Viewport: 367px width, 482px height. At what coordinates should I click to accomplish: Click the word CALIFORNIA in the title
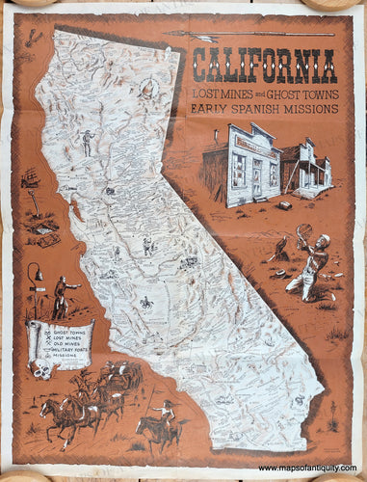coord(264,65)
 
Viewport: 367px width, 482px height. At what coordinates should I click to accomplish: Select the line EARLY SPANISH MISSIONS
coord(264,109)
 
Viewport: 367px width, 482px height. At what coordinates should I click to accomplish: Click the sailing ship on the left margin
coord(30,180)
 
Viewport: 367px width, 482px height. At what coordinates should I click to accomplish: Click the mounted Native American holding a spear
coord(157,424)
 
